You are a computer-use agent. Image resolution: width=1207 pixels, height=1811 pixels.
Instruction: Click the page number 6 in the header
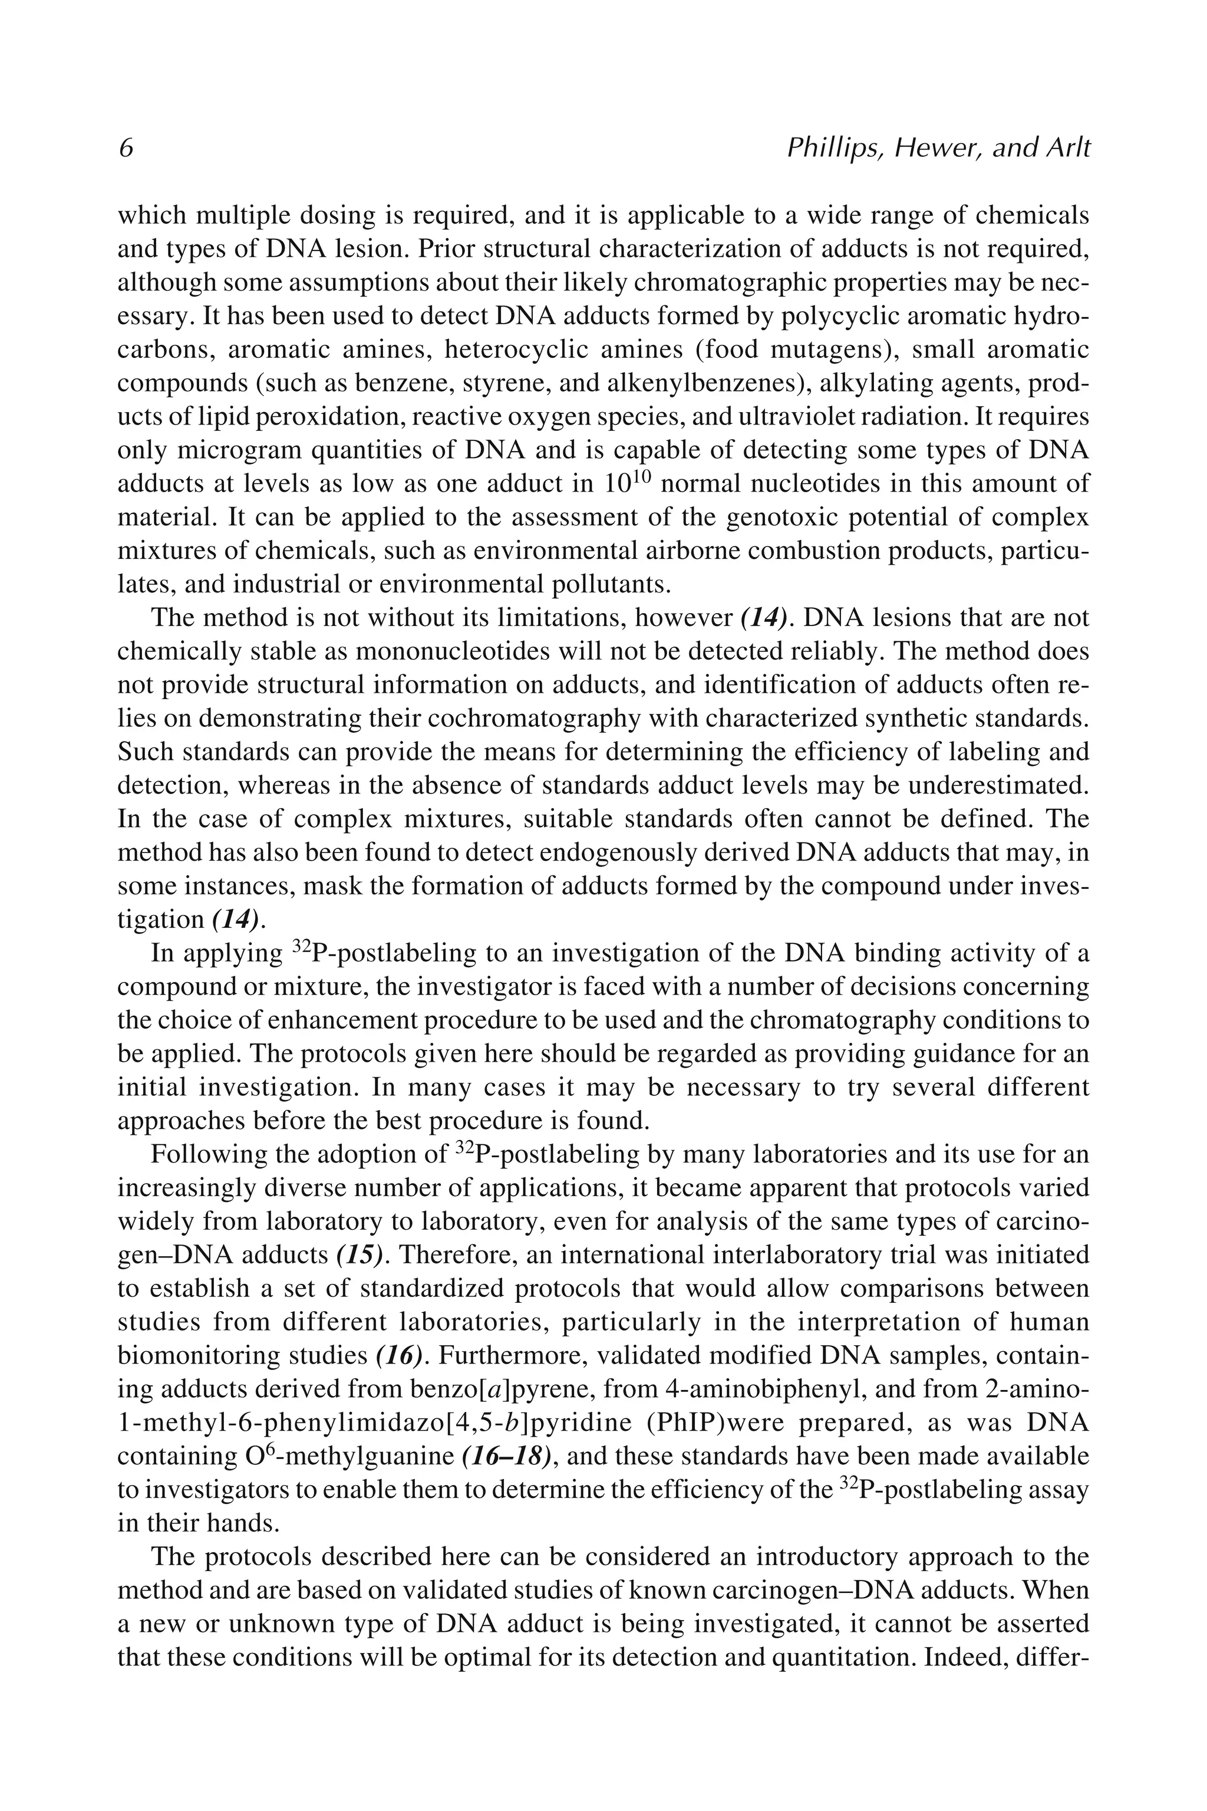[126, 148]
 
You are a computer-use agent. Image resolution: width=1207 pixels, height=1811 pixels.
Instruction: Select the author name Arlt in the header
[1066, 148]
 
